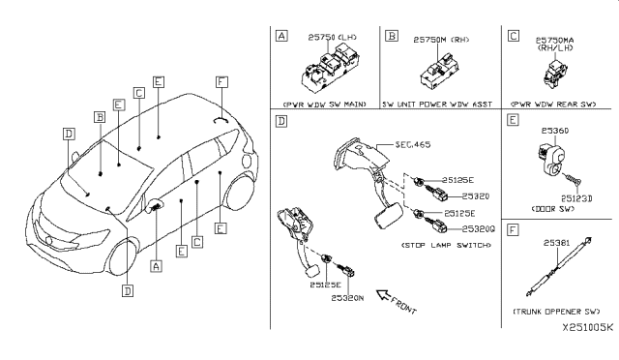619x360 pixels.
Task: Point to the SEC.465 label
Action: pyautogui.click(x=413, y=144)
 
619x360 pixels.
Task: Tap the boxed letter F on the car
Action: pyautogui.click(x=221, y=83)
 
